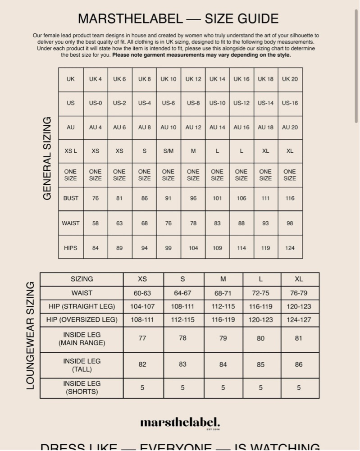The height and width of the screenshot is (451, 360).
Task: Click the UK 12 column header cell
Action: [x=193, y=79]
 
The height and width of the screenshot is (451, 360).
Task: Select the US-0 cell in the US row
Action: [x=96, y=103]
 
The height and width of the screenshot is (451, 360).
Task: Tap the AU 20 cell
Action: [x=290, y=127]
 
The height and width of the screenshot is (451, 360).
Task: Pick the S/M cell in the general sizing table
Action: [x=168, y=151]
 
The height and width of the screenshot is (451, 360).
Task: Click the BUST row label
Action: [x=71, y=198]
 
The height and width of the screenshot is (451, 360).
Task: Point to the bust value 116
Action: [x=290, y=198]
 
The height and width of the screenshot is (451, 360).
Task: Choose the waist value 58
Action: [x=96, y=223]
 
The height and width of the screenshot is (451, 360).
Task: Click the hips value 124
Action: [x=290, y=248]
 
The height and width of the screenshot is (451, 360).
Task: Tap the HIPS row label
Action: [x=71, y=248]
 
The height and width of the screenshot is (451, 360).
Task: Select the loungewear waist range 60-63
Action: [x=142, y=293]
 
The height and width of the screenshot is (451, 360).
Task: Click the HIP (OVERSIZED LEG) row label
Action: [x=82, y=320]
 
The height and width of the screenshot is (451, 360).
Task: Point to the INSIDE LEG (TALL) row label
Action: [x=82, y=365]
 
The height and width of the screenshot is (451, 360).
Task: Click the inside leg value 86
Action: [x=299, y=364]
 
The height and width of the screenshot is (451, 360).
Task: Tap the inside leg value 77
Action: [x=142, y=338]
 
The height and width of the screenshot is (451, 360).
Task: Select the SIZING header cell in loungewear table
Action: [x=82, y=279]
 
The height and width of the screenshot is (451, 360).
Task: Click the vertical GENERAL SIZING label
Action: [x=47, y=158]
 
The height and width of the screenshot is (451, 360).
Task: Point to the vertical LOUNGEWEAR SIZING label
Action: [x=30, y=335]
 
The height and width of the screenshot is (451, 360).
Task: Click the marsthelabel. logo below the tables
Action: [x=180, y=423]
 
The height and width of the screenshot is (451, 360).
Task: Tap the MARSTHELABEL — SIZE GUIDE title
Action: [x=178, y=18]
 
